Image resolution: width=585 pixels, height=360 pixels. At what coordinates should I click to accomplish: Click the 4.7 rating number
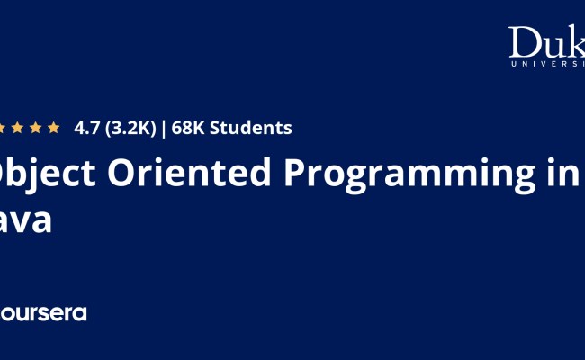coord(87,128)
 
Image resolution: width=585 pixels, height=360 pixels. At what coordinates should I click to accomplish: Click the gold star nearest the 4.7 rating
coord(54,128)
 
